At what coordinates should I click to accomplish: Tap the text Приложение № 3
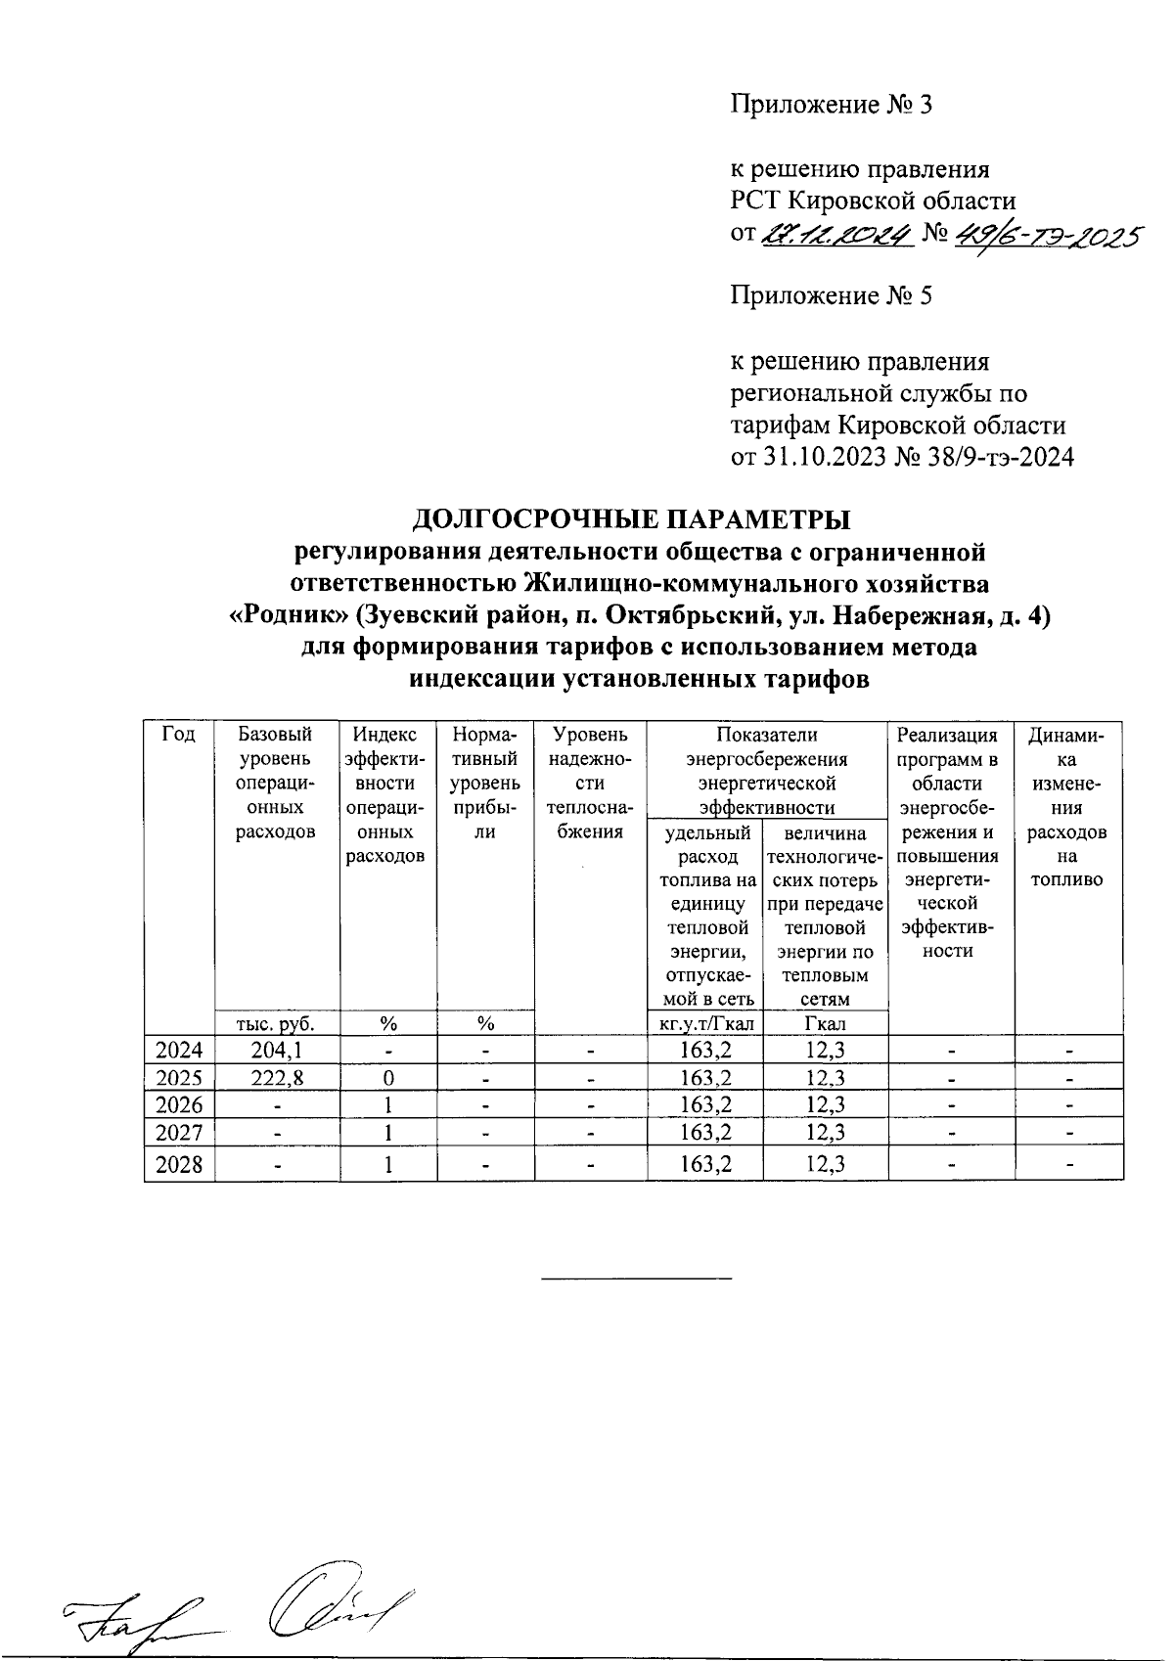click(x=831, y=104)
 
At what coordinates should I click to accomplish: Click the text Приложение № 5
click(x=831, y=295)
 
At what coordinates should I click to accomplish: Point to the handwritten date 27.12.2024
click(x=836, y=235)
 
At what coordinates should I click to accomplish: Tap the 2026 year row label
click(x=179, y=1105)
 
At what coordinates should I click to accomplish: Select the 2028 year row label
click(x=179, y=1166)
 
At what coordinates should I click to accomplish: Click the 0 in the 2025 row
click(x=388, y=1078)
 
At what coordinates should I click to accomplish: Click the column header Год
click(x=178, y=735)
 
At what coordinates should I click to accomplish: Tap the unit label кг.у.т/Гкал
click(x=703, y=1024)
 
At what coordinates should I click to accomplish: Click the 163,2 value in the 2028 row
click(x=703, y=1166)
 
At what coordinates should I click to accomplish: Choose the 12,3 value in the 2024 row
click(x=825, y=1051)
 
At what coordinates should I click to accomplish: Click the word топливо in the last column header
click(x=1066, y=879)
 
